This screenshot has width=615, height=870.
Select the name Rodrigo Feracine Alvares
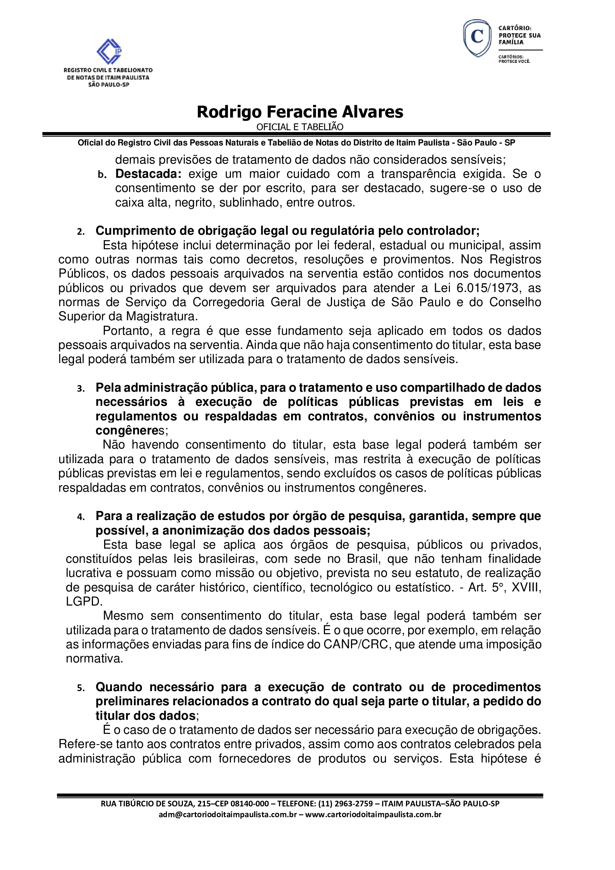[x=300, y=112]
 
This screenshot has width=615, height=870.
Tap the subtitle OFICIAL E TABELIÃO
[x=300, y=127]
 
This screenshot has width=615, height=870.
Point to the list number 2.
[x=80, y=231]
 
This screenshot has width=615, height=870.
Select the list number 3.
[x=80, y=388]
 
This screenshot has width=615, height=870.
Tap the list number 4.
[x=80, y=517]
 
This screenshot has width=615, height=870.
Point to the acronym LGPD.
[x=84, y=601]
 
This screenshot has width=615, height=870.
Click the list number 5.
[x=80, y=688]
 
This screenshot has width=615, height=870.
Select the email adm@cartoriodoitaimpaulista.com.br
[x=227, y=814]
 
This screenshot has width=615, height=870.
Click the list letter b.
[x=101, y=175]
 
